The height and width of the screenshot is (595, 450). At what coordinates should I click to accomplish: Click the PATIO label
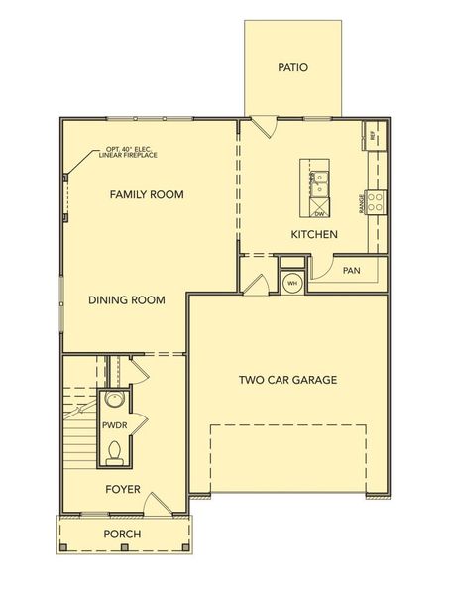coord(293,68)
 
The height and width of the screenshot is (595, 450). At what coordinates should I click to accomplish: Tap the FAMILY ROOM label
coord(147,194)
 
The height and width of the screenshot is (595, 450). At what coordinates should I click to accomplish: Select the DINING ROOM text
coord(126,300)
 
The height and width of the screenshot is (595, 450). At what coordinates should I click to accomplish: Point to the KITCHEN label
coord(314,235)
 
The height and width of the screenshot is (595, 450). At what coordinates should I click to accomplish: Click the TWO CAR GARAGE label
coord(288,379)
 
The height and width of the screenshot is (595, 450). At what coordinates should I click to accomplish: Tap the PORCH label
coord(124,535)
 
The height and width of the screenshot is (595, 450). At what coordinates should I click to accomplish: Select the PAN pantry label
coord(351,270)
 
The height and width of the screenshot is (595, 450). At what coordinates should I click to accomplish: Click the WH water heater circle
coord(291,283)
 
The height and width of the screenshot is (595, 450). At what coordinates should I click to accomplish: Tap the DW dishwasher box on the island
coord(319,212)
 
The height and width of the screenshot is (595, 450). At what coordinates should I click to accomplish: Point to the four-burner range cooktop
coord(376,202)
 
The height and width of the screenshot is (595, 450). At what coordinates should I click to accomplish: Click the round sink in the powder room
coord(115,401)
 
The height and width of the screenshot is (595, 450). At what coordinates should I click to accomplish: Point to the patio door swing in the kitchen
coord(263,128)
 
